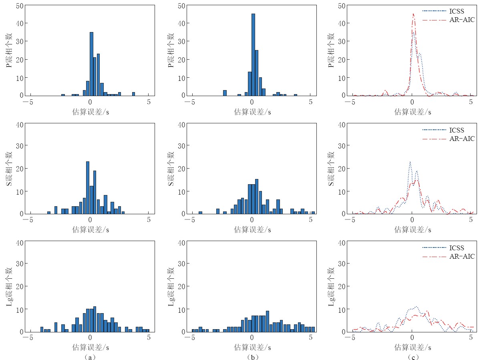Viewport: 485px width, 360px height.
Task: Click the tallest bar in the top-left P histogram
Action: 91,64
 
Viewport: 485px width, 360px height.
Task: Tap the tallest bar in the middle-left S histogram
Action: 88,187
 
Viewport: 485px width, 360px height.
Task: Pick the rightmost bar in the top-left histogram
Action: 133,94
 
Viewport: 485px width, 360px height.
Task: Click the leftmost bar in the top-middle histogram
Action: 225,93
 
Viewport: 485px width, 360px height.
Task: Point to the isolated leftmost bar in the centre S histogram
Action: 200,213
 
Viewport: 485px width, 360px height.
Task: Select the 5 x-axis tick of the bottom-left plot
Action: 149,338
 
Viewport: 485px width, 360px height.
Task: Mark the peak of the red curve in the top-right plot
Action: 413,14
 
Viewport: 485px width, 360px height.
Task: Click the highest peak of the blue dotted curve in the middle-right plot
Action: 410,162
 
